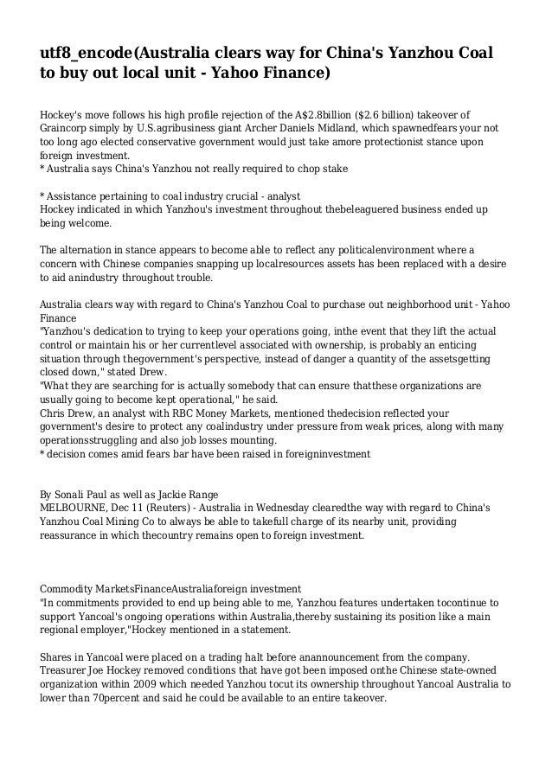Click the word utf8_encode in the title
[87, 54]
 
